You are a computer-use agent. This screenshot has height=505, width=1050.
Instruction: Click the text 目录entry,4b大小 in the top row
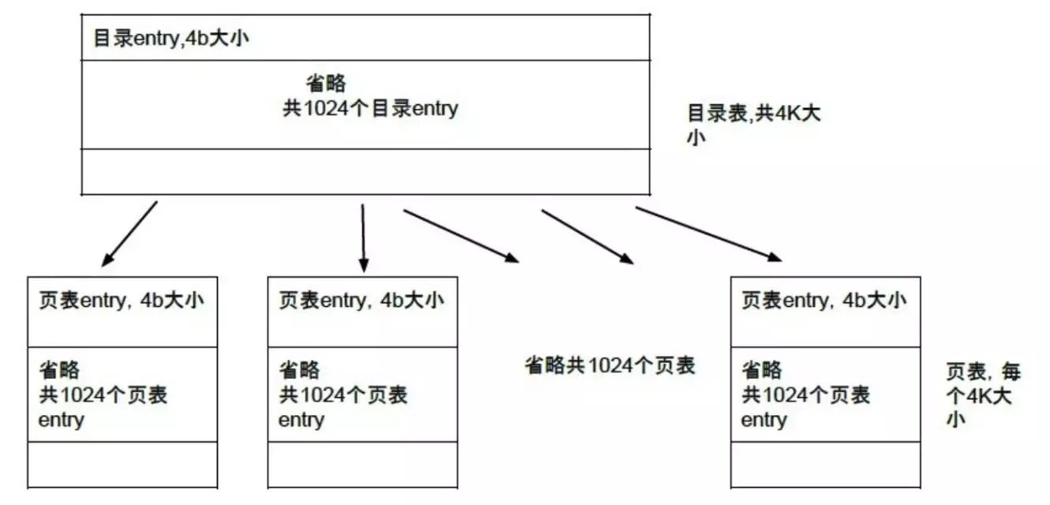coord(171,38)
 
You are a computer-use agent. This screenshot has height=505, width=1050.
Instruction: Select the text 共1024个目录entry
coord(370,109)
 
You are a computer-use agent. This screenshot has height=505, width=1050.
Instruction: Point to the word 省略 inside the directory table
coord(325,84)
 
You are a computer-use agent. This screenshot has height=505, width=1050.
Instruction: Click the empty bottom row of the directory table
coord(366,171)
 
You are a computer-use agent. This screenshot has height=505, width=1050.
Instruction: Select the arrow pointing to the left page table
coord(129,234)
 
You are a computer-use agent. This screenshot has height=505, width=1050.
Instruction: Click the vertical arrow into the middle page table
coord(363,237)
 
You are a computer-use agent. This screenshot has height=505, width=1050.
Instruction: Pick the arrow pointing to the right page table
coord(708,234)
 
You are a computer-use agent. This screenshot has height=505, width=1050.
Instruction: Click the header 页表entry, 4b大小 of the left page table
coord(122,301)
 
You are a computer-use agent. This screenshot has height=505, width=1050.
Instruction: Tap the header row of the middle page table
coord(362,301)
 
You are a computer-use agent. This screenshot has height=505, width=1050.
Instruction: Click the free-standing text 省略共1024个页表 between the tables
coord(609,366)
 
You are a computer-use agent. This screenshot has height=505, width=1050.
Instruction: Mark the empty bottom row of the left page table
coord(122,464)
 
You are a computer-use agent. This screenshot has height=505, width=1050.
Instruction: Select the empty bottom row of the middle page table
coord(362,464)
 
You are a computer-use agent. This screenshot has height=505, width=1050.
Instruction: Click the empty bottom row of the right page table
coord(825,464)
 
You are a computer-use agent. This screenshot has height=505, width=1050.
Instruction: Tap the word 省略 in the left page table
coord(59,369)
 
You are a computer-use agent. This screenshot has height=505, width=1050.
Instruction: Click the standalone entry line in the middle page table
coord(301,420)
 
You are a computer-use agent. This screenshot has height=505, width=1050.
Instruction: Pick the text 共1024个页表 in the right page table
coord(805,395)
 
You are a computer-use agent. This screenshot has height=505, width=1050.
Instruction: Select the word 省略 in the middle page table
coord(299,369)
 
